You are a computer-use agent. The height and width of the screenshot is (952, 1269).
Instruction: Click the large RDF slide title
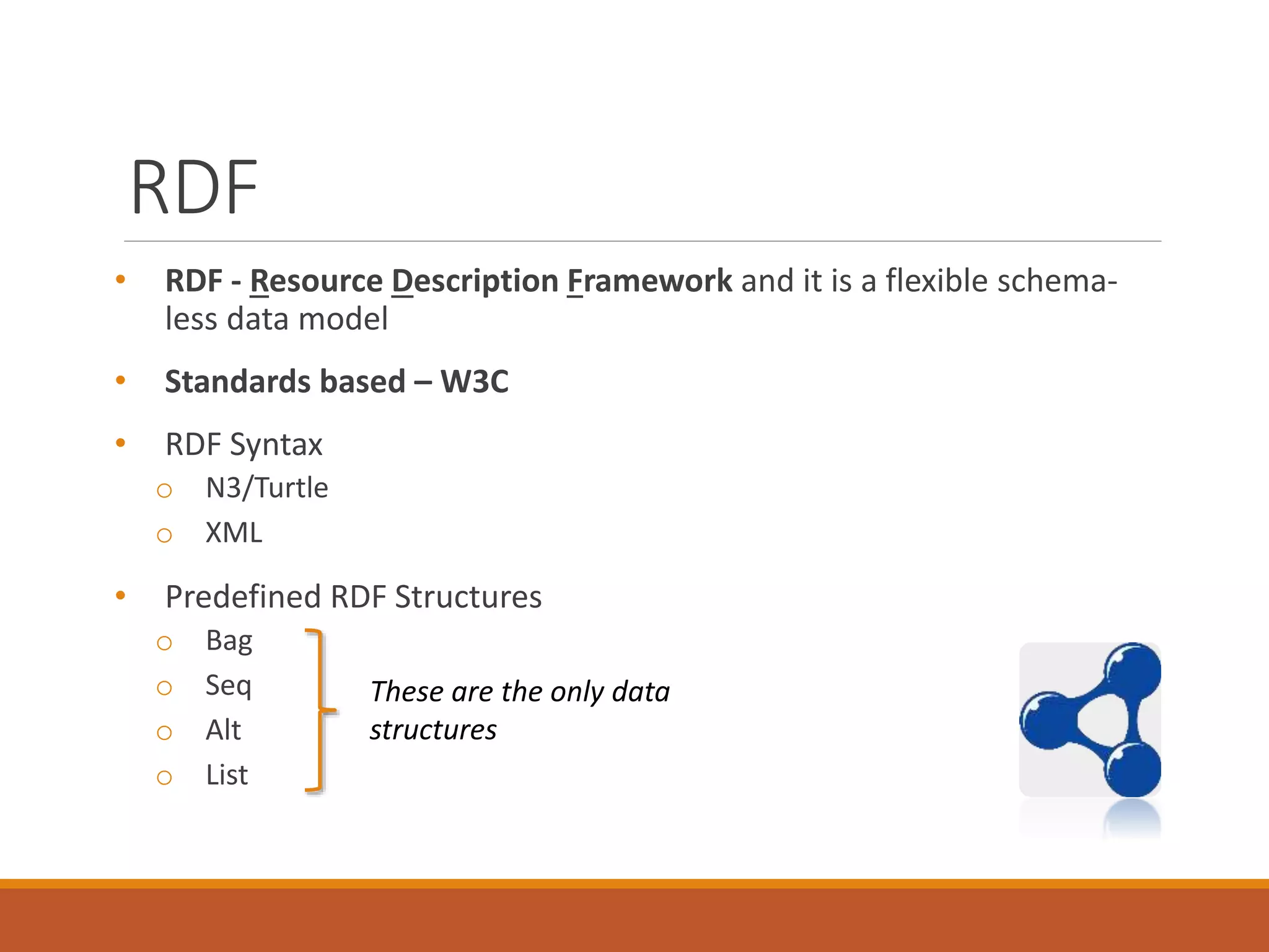click(194, 188)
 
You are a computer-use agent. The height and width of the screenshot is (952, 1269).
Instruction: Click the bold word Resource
click(317, 281)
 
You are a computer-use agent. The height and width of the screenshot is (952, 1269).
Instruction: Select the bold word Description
click(475, 281)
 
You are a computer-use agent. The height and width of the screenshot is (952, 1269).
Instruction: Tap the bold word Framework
click(649, 281)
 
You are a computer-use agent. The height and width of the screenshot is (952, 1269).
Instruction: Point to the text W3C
click(474, 382)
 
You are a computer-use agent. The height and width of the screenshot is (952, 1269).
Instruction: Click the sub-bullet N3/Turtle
click(266, 488)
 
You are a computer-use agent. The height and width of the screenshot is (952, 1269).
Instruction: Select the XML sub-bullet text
click(234, 533)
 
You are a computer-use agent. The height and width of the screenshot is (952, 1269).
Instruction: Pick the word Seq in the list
click(228, 686)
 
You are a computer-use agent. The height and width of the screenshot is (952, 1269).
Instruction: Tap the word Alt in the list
click(223, 731)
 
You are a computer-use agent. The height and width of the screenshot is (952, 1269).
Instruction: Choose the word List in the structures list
click(227, 775)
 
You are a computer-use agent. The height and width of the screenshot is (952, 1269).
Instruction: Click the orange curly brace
click(320, 710)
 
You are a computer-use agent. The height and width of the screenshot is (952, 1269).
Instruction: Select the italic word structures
click(433, 730)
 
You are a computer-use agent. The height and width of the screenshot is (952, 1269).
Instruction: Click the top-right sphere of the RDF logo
click(1133, 669)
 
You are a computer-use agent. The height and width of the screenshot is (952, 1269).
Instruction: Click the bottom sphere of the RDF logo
click(1133, 770)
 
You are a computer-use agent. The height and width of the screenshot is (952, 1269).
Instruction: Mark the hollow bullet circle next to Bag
click(164, 643)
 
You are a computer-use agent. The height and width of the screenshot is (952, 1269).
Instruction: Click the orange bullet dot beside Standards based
click(121, 380)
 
